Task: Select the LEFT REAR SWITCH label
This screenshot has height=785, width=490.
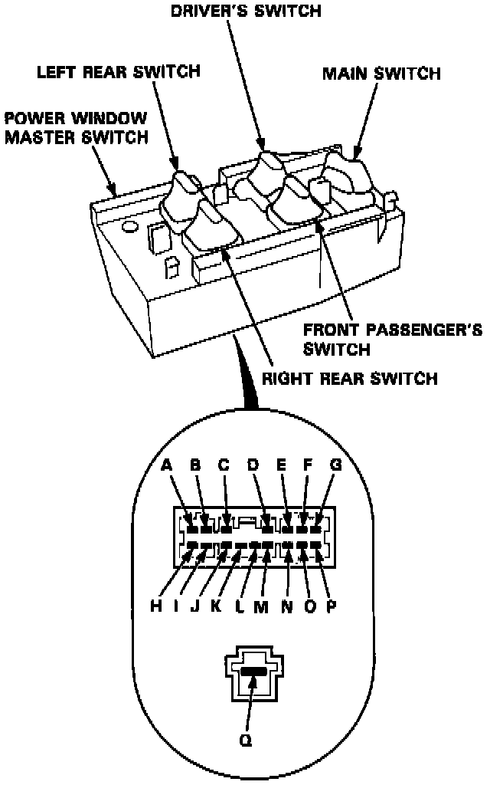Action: click(118, 71)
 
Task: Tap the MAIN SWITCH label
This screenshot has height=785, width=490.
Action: click(381, 74)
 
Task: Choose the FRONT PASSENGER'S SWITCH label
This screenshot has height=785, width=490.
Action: click(393, 339)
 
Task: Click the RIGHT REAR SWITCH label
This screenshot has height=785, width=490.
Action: click(350, 378)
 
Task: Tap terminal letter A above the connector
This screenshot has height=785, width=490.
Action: click(166, 464)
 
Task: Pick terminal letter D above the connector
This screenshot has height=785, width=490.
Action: click(253, 464)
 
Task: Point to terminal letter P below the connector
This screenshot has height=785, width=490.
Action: click(333, 606)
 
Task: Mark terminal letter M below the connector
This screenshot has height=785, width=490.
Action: click(260, 606)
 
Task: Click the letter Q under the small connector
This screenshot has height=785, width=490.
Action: click(245, 742)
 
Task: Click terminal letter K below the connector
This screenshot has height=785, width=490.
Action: click(216, 606)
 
